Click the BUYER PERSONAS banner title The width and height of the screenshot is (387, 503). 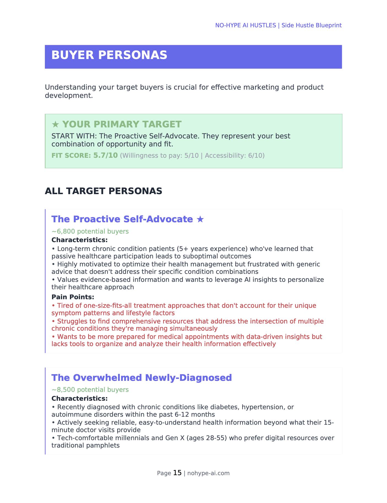coord(109,55)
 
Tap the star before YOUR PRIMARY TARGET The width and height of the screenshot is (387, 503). coord(55,124)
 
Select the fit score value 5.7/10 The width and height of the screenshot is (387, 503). coord(105,155)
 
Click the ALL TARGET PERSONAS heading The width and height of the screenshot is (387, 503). coord(103,191)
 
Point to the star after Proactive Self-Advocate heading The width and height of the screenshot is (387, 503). coord(200,219)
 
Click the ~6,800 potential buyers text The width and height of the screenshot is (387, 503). coord(90,231)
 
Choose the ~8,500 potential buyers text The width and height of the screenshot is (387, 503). coord(90,390)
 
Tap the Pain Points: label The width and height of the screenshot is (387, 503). coord(73,297)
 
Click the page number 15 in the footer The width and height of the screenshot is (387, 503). coord(177,473)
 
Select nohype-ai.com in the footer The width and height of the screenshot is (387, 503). coord(208,473)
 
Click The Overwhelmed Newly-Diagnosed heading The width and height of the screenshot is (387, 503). coord(141,378)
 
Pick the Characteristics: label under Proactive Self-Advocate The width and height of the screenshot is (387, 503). coord(80,240)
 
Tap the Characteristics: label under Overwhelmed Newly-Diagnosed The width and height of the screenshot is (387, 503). coord(80,398)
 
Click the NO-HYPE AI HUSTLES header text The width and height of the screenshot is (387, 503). coord(246,25)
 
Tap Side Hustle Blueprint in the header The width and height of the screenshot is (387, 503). coord(312,25)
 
